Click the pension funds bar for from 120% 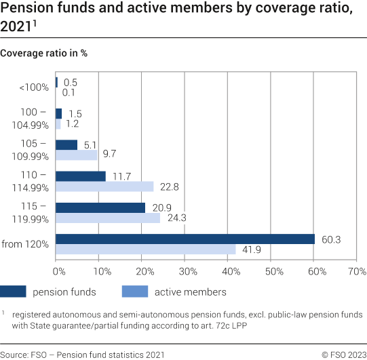click(x=185, y=239)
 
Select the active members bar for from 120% click(x=145, y=249)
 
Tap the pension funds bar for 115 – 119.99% click(x=100, y=207)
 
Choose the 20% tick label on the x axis click(x=144, y=272)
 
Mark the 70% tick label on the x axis click(x=357, y=272)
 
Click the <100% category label click(x=35, y=87)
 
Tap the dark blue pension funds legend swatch click(x=22, y=292)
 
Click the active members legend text click(x=191, y=292)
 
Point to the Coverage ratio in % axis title click(x=45, y=52)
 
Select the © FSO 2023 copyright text click(x=343, y=354)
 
